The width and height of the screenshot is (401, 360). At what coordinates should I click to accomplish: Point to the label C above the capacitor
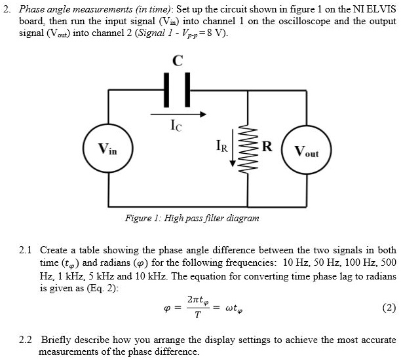[x=176, y=61]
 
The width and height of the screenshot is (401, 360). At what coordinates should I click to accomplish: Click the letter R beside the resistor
[x=267, y=145]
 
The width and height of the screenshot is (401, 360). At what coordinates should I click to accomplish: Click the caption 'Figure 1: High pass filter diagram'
[x=192, y=218]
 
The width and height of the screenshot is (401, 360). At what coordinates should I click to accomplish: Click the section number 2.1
[x=26, y=250]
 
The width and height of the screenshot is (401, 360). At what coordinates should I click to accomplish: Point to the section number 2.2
[x=26, y=340]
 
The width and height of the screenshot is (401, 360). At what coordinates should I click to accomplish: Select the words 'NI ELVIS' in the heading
[x=375, y=9]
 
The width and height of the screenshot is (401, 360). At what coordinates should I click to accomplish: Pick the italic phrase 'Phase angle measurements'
[x=63, y=9]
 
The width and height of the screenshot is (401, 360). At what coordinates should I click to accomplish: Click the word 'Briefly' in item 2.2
[x=55, y=340]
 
